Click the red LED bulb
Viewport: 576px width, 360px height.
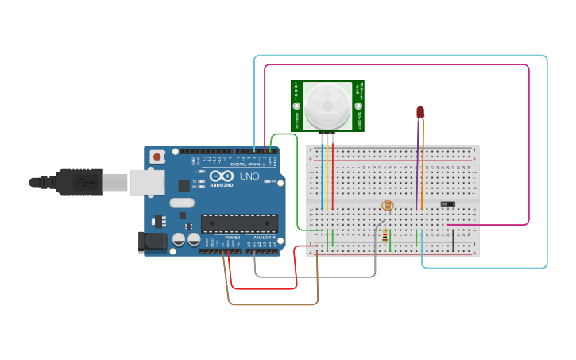tap(420, 113)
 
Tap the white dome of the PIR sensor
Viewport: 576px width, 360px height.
tap(327, 105)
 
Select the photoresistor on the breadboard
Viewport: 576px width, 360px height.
tap(387, 207)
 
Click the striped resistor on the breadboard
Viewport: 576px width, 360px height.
tap(385, 235)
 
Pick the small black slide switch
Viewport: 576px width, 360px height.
tap(448, 203)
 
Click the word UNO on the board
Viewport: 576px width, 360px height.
tap(249, 176)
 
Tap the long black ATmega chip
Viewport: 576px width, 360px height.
tap(239, 223)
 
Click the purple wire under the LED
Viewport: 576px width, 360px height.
tap(417, 167)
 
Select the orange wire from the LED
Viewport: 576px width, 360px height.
tap(423, 167)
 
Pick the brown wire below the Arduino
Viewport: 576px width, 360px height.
tap(270, 304)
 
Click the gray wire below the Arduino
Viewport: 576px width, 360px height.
tap(318, 277)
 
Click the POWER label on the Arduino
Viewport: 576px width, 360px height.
tap(232, 238)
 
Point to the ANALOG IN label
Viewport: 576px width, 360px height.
tap(265, 238)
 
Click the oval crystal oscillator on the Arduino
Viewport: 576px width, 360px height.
tap(181, 203)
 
